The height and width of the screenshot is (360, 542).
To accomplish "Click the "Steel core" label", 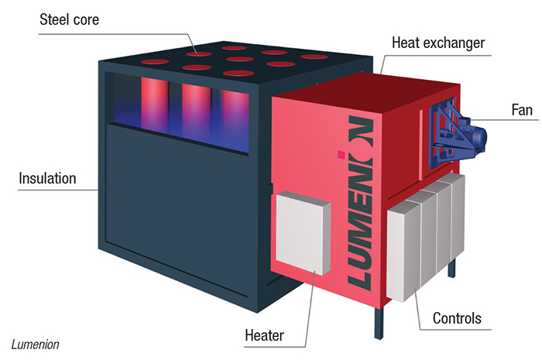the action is tap(69, 19).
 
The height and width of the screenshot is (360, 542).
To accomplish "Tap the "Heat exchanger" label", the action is tap(438, 43).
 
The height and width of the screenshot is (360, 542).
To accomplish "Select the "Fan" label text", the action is tap(522, 110).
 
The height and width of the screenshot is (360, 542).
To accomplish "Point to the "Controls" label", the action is tap(457, 318).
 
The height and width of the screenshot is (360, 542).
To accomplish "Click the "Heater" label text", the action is tap(265, 335).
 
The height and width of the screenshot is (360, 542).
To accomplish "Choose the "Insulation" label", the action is tap(47, 179).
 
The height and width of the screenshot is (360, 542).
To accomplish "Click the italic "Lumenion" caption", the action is tap(36, 345).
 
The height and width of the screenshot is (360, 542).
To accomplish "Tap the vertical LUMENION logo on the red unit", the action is tap(360, 203).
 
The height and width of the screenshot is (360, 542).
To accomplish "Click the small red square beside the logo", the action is tap(341, 154).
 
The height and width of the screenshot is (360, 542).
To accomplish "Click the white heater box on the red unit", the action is tap(304, 233).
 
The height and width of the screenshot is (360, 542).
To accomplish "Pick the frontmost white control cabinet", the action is tap(403, 252).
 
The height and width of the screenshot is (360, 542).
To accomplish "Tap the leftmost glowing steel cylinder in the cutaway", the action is tap(155, 105).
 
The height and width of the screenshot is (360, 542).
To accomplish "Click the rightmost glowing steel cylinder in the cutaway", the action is tap(235, 121).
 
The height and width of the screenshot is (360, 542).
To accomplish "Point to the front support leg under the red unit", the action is tap(379, 323).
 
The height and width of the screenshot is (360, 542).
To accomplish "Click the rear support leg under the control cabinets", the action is tap(451, 268).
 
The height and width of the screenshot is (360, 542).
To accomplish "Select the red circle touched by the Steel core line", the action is tap(199, 54).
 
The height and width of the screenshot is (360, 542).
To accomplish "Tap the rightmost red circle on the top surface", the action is tap(314, 57).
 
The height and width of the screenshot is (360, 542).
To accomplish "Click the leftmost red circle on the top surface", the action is tap(155, 62).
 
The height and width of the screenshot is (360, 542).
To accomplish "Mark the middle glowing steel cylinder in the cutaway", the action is tap(196, 111).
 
